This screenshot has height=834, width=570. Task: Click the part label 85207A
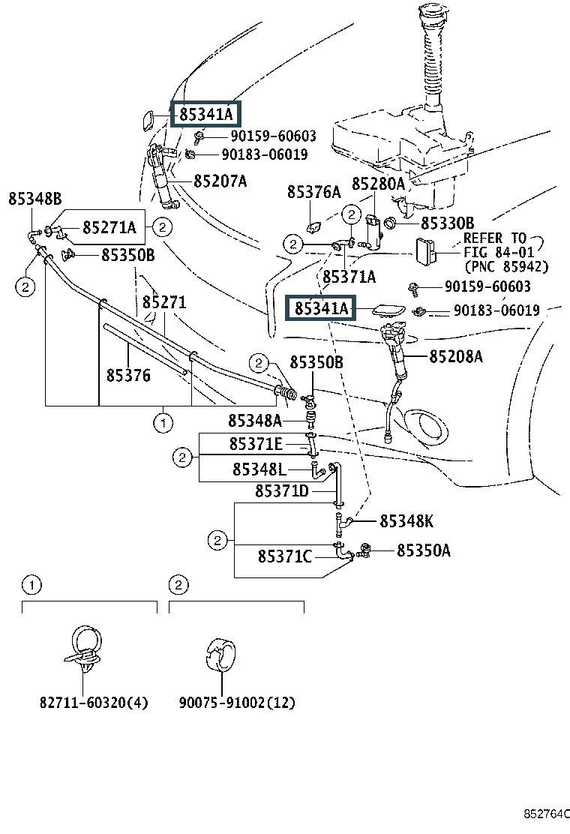pyautogui.click(x=220, y=181)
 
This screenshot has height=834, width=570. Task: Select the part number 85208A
pyautogui.click(x=455, y=356)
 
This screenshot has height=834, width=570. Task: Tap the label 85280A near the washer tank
pyautogui.click(x=378, y=184)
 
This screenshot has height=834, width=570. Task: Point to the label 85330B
pyautogui.click(x=447, y=223)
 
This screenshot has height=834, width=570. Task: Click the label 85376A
pyautogui.click(x=313, y=193)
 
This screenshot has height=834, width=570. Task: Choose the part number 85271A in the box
pyautogui.click(x=109, y=227)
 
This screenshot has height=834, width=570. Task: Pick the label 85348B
pyautogui.click(x=34, y=199)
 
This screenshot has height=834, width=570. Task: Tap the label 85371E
pyautogui.click(x=256, y=445)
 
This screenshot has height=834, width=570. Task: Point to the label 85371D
pyautogui.click(x=281, y=491)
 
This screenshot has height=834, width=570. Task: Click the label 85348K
pyautogui.click(x=406, y=521)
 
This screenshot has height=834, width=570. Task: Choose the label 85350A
pyautogui.click(x=423, y=551)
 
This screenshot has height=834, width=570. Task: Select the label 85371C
pyautogui.click(x=284, y=556)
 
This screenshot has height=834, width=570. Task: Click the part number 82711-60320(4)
pyautogui.click(x=94, y=703)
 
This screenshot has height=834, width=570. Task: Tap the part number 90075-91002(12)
pyautogui.click(x=237, y=703)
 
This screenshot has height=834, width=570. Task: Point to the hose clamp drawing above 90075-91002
pyautogui.click(x=222, y=649)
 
